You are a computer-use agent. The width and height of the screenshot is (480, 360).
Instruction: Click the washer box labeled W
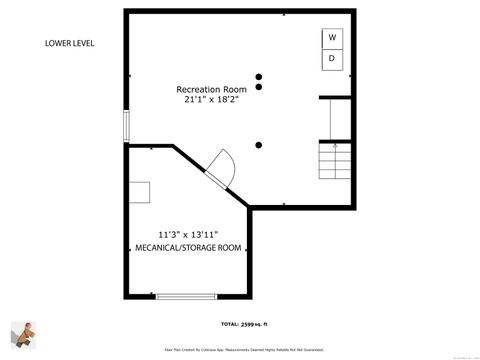[x=332, y=38]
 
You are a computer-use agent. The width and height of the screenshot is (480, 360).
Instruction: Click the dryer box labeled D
[x=332, y=59]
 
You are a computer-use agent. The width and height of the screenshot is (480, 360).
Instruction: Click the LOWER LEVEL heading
[x=70, y=43]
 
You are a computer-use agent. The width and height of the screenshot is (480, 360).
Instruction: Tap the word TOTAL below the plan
[x=229, y=325]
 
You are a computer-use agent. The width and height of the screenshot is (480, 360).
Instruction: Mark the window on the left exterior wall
[x=126, y=127]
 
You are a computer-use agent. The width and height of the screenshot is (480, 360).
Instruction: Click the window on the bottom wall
[x=185, y=296]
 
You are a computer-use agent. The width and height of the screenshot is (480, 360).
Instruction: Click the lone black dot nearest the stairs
[x=259, y=145]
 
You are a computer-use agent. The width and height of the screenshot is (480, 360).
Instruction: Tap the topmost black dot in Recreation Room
[x=259, y=76]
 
